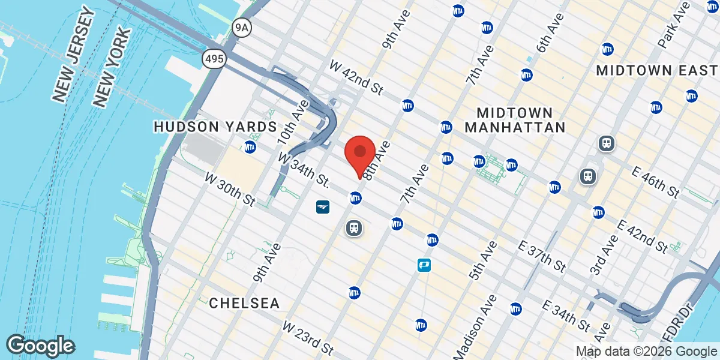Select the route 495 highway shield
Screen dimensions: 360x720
(x=213, y=59)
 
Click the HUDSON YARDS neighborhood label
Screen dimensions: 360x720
(x=215, y=127)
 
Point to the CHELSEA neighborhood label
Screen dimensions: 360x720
(x=244, y=304)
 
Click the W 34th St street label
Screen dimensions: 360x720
(x=304, y=170)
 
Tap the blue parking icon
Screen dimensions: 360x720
(x=425, y=265)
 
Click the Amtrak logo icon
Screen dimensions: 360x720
(x=323, y=207)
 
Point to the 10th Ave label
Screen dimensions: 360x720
(x=292, y=122)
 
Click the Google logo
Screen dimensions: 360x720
(x=41, y=346)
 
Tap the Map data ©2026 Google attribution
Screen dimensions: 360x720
(x=646, y=352)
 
